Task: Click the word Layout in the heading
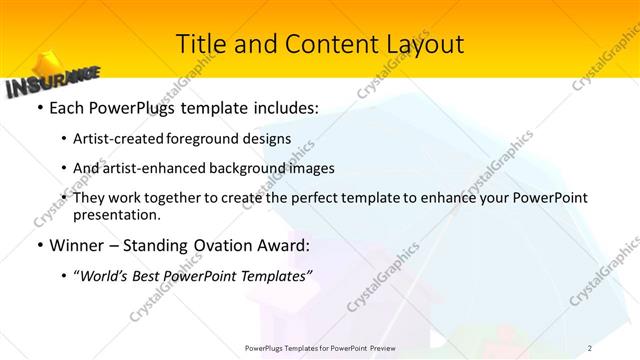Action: (x=423, y=44)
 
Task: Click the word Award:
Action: (x=283, y=245)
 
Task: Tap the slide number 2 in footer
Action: (x=590, y=347)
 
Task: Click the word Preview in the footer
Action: (x=381, y=347)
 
